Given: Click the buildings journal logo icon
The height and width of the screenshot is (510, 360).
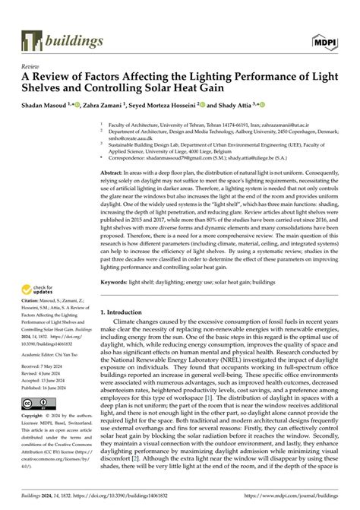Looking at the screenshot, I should [32, 40].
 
